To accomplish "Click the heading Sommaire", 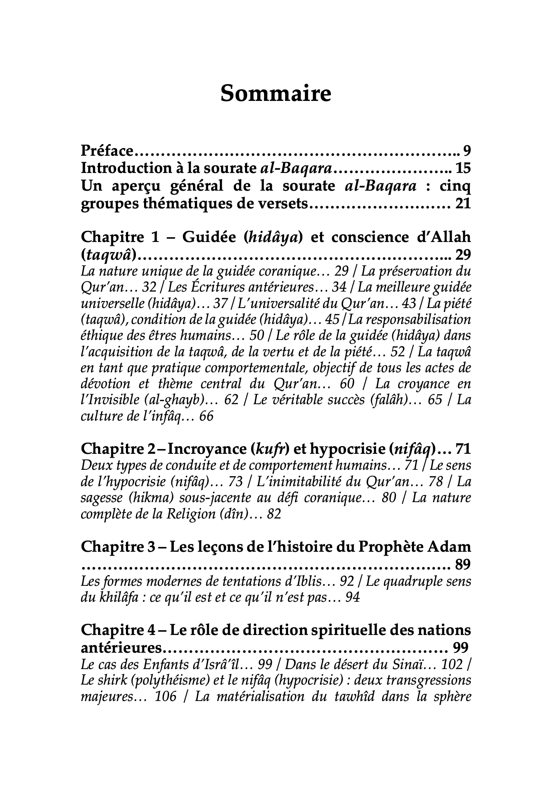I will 276,94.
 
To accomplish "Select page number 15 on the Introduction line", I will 463,168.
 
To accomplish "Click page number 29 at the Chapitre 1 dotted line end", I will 463,255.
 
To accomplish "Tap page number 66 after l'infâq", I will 206,417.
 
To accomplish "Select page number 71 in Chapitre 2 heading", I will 463,449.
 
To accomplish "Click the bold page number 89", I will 462,564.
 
